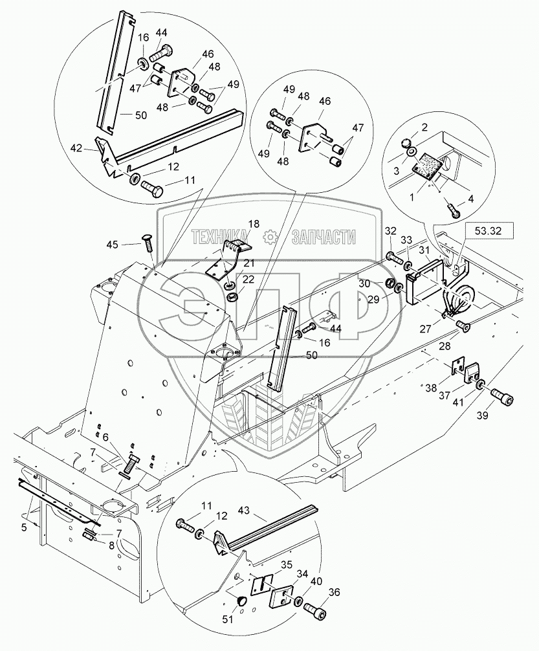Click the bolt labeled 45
coord(145,247)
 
